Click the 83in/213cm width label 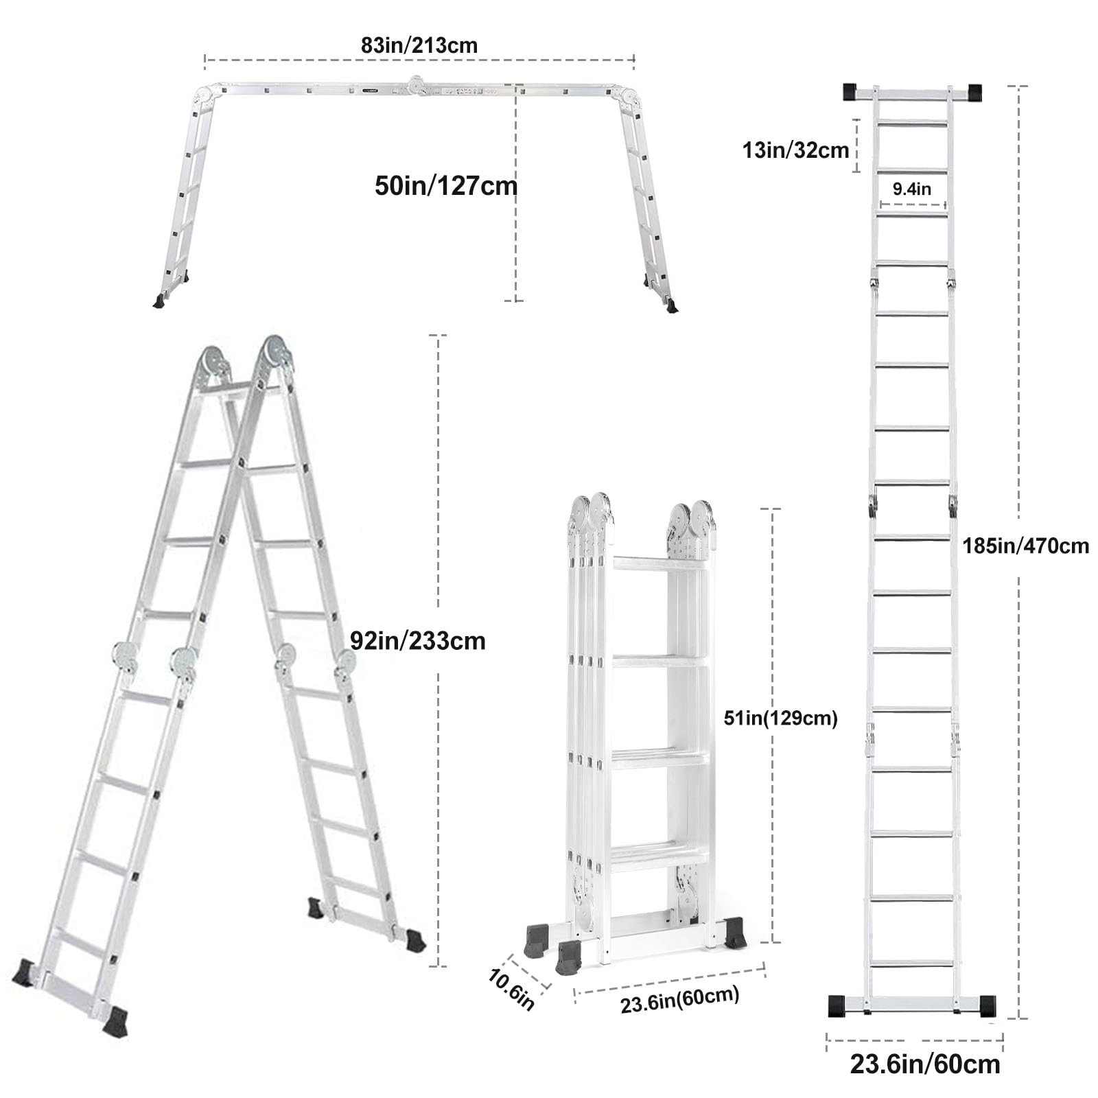pyautogui.click(x=419, y=45)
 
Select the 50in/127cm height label pyautogui.click(x=446, y=186)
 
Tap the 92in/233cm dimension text pyautogui.click(x=417, y=641)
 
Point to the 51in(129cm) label pyautogui.click(x=780, y=719)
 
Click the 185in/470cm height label pyautogui.click(x=1025, y=546)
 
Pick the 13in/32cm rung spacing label pyautogui.click(x=795, y=150)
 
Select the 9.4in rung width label pyautogui.click(x=912, y=189)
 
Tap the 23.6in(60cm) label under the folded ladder pyautogui.click(x=679, y=999)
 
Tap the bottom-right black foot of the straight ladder pyautogui.click(x=987, y=1005)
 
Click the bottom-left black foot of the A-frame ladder pyautogui.click(x=27, y=972)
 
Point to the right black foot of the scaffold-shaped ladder pyautogui.click(x=670, y=306)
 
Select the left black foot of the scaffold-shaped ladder pyautogui.click(x=160, y=301)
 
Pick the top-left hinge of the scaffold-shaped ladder pyautogui.click(x=206, y=93)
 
